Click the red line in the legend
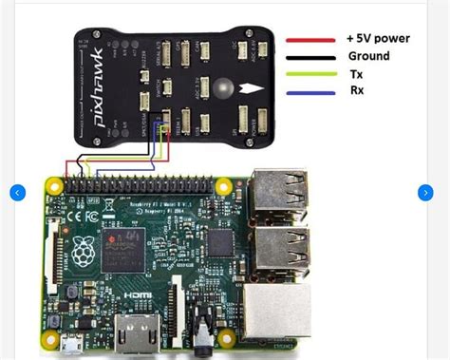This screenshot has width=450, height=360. tap(310, 40)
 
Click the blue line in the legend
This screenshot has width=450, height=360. tap(310, 92)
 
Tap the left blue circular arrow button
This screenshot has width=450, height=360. tap(17, 193)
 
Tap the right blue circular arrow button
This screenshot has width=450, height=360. tap(424, 193)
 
